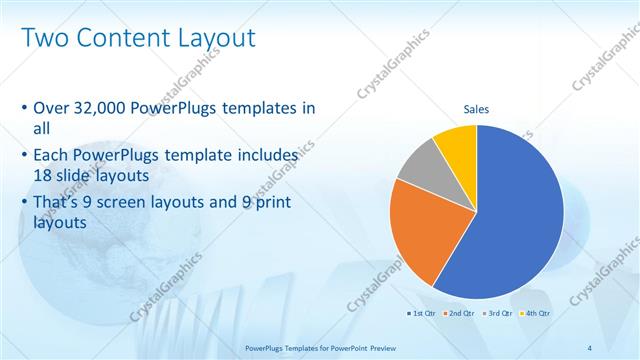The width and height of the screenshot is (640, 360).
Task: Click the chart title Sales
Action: click(x=476, y=109)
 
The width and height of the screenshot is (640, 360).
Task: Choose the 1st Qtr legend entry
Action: click(x=420, y=313)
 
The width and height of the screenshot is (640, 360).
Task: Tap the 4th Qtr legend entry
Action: click(x=536, y=313)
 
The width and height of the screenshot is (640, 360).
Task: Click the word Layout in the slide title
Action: click(x=216, y=38)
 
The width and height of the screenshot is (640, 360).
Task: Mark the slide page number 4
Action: click(x=589, y=347)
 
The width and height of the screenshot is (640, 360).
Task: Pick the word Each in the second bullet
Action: click(x=53, y=156)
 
